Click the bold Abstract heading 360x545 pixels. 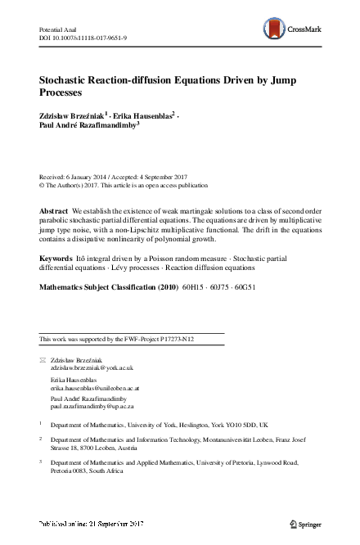point(54,211)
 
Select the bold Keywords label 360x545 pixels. point(56,258)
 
